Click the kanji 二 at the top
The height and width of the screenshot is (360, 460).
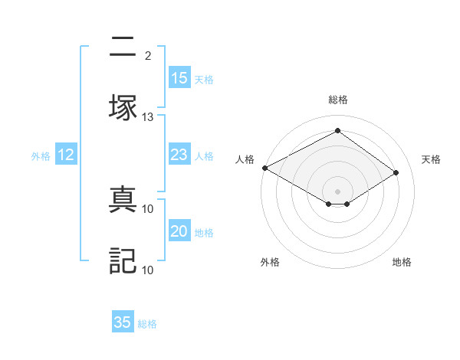coord(122,48)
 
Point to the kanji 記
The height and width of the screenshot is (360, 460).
coord(122,260)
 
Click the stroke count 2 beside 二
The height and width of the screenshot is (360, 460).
coord(148,56)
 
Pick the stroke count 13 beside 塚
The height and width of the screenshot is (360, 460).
coord(148,117)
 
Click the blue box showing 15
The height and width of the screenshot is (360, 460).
coord(179,78)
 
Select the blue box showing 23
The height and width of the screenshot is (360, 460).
coord(179,155)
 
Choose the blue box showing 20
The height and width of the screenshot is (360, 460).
coord(179,232)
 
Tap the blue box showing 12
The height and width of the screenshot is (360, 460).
coord(66,155)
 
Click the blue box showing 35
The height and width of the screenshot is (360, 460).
coord(123,322)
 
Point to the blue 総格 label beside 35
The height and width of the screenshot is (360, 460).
coord(147,324)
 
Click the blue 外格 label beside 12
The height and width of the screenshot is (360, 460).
coord(41,156)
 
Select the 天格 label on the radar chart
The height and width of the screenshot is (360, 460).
coord(431,159)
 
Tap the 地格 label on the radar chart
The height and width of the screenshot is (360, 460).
coord(402,262)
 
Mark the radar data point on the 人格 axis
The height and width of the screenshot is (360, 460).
coord(264,168)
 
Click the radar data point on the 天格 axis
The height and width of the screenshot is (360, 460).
coord(396,173)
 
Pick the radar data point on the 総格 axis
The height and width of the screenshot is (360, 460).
coord(337,130)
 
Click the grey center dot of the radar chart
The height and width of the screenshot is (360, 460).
coord(337,190)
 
